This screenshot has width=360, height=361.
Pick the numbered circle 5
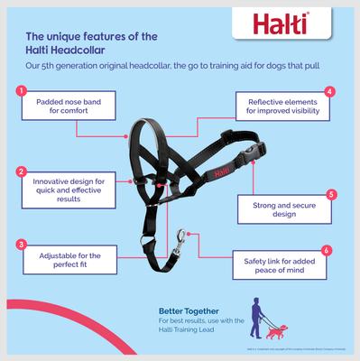[331, 194]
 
